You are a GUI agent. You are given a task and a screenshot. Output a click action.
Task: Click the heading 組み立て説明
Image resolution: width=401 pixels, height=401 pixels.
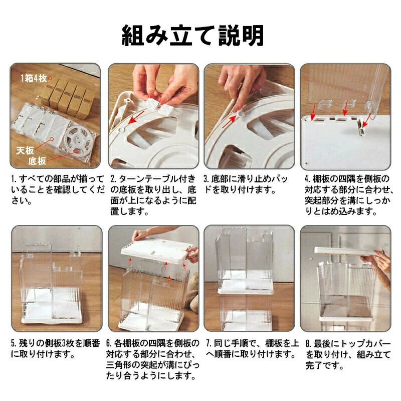(192, 35)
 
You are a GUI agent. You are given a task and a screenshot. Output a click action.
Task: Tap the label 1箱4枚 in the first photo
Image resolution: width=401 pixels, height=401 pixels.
(34, 78)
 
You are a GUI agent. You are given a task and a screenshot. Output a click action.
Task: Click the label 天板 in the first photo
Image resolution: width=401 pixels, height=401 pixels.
(25, 150)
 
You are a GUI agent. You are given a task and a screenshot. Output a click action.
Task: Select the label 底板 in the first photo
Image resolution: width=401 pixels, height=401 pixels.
(37, 161)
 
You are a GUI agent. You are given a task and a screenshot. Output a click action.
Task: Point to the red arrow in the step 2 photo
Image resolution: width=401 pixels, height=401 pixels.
(136, 117)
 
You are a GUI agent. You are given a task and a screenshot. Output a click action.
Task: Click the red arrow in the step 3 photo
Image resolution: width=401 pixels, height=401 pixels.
(229, 121)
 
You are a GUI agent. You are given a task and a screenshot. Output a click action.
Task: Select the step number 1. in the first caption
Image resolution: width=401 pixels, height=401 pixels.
(14, 178)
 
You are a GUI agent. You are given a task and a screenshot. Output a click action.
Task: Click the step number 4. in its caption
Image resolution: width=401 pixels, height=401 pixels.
(307, 178)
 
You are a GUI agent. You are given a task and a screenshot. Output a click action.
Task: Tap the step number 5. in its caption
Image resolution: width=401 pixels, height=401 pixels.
(14, 343)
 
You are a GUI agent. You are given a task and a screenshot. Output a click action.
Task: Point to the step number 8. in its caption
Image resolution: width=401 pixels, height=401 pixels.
(308, 343)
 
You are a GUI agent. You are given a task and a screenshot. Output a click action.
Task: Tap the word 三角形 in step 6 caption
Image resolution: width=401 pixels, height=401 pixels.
(119, 365)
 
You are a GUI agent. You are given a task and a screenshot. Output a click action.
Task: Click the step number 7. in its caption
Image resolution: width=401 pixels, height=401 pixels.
(209, 343)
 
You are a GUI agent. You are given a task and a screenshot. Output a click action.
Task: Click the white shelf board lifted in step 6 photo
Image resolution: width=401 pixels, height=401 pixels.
(156, 251)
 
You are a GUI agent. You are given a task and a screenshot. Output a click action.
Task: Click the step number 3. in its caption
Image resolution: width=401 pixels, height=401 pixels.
(207, 178)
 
